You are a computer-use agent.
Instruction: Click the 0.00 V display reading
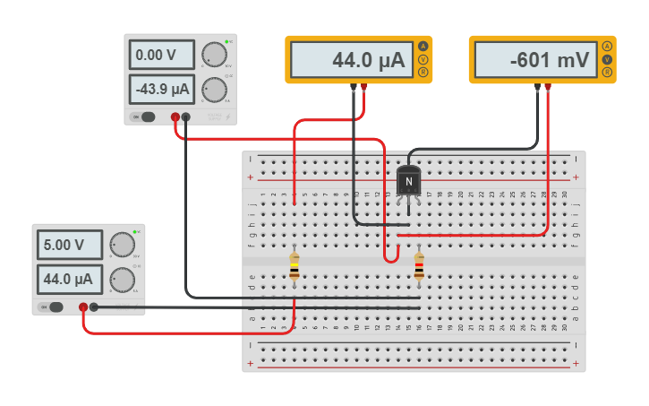click(162, 56)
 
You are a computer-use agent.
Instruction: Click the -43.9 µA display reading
click(162, 90)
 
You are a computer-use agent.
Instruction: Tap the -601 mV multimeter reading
click(535, 60)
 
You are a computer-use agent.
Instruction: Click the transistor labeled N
click(408, 182)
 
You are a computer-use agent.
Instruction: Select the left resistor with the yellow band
click(295, 267)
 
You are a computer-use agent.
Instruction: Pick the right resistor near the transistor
click(419, 267)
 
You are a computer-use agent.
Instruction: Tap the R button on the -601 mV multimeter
click(607, 72)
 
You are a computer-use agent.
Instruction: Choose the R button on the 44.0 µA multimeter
click(423, 72)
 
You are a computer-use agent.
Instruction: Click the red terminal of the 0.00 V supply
click(175, 117)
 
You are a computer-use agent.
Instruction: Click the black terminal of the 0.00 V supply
click(186, 117)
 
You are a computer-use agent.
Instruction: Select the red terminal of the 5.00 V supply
click(83, 307)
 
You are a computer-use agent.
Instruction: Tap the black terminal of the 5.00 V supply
click(94, 307)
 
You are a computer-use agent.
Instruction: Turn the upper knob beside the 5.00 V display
click(122, 245)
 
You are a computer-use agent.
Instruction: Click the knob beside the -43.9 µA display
click(214, 90)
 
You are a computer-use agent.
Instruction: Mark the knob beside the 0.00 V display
click(214, 55)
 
